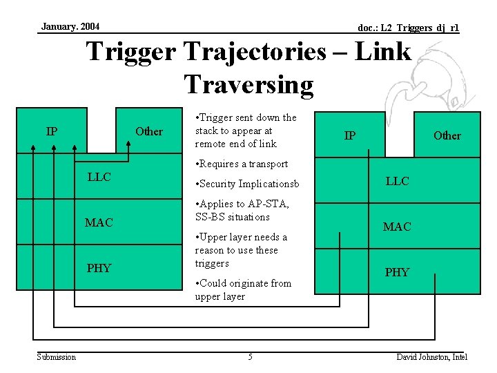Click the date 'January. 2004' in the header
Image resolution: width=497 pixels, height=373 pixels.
[x=70, y=26]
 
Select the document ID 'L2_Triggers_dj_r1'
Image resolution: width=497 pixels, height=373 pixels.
[x=408, y=28]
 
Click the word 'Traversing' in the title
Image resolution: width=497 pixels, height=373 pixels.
[x=248, y=84]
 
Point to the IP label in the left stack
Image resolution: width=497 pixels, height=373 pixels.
[x=52, y=131]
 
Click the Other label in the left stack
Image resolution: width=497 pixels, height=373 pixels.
[x=149, y=131]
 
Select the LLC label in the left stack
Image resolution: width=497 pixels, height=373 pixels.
[x=99, y=178]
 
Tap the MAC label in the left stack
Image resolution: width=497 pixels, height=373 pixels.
[x=99, y=222]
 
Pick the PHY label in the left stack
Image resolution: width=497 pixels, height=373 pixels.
[x=99, y=268]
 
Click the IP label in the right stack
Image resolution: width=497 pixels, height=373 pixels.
[x=350, y=135]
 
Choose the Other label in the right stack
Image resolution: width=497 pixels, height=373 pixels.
[x=447, y=135]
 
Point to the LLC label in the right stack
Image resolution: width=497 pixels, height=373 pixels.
[x=397, y=181]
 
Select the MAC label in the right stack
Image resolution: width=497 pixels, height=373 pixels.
[x=397, y=227]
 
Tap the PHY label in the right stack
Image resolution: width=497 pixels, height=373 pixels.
[x=397, y=272]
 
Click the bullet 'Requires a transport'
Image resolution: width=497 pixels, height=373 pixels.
[x=242, y=164]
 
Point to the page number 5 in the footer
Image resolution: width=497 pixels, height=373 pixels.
[x=250, y=356]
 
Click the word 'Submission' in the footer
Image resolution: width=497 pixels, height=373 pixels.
[x=57, y=356]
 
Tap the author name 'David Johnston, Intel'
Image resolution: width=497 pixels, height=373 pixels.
[x=431, y=356]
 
